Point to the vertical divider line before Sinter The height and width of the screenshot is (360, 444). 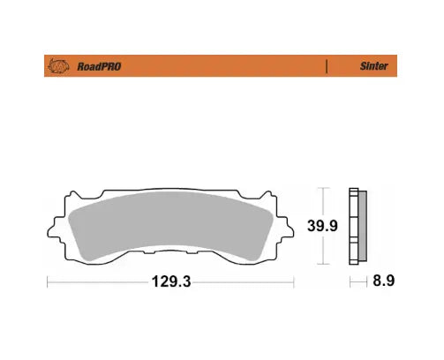coord(327,66)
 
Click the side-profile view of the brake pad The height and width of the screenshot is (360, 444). coord(357,226)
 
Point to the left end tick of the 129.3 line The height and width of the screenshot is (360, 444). coord(47,282)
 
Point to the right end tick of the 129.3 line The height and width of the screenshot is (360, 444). coord(293,282)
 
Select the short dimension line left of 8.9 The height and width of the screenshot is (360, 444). coord(357,282)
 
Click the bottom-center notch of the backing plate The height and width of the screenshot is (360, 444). coord(169,263)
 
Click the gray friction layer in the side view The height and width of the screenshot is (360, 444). coord(363,226)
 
